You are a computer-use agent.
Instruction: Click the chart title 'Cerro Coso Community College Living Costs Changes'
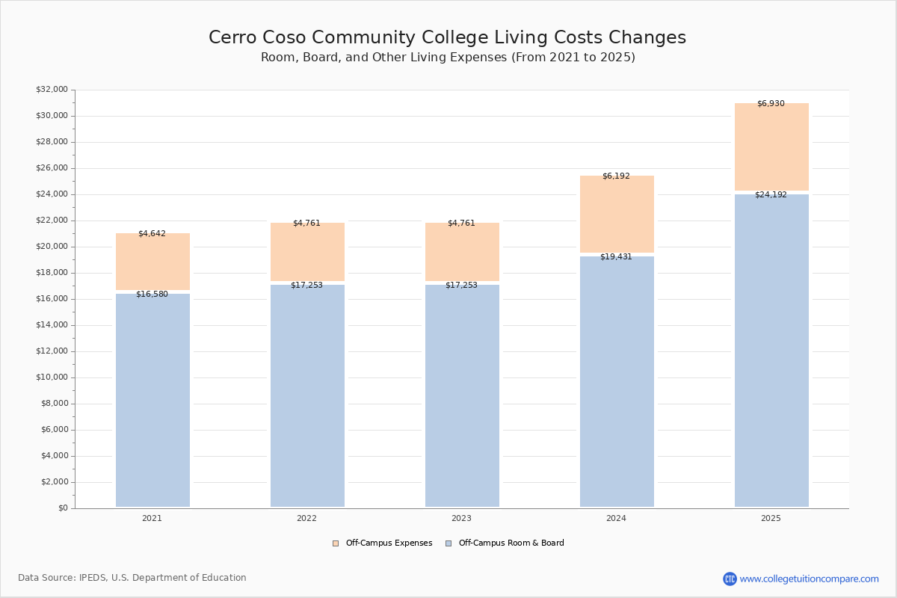click(447, 37)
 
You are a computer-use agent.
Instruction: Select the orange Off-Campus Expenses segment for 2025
click(771, 147)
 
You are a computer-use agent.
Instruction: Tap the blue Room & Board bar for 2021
click(152, 400)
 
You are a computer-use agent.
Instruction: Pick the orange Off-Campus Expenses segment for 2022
click(307, 252)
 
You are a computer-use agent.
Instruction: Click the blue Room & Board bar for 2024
click(617, 382)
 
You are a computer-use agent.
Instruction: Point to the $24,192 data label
click(771, 194)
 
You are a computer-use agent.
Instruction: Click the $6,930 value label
click(771, 103)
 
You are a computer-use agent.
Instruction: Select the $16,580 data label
click(152, 294)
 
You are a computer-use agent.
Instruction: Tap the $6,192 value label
click(616, 176)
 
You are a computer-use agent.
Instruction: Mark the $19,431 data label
click(616, 256)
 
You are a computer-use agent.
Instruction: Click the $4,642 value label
click(152, 233)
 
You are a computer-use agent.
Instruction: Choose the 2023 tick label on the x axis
click(461, 518)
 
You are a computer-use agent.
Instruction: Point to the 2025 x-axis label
click(771, 518)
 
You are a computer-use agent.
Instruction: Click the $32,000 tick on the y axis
click(52, 89)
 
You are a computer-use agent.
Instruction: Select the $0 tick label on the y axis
click(64, 508)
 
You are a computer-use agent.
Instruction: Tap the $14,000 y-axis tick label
click(52, 325)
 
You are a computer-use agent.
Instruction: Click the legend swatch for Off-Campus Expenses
click(336, 543)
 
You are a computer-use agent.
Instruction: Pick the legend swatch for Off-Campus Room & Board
click(449, 543)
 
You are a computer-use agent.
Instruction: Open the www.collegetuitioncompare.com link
click(810, 579)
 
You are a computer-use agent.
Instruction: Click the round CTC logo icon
click(730, 579)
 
